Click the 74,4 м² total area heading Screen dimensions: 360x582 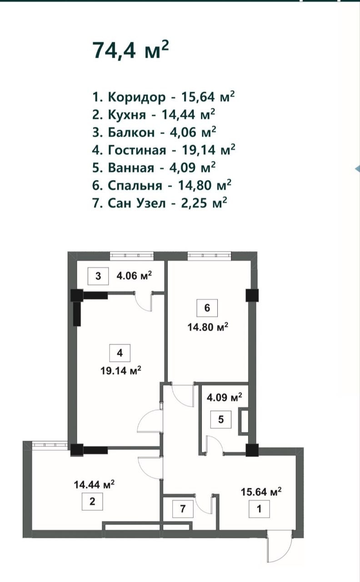tap(130, 50)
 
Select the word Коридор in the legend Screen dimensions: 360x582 tap(136, 97)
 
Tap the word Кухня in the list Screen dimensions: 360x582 tap(127, 115)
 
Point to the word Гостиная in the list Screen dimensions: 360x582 tap(137, 150)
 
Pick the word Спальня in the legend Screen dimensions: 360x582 tap(135, 185)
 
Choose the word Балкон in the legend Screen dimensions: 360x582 tap(131, 132)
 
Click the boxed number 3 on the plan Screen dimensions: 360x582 tap(98, 276)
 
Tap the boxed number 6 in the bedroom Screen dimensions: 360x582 tap(207, 308)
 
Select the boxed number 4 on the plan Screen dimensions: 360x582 tap(120, 352)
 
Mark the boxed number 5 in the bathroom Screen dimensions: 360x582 tap(221, 419)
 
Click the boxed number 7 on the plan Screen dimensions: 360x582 tap(183, 508)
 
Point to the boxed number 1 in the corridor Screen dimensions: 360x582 tap(259, 509)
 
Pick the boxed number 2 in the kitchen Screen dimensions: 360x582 tap(92, 501)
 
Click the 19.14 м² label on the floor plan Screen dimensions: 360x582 tap(121, 370)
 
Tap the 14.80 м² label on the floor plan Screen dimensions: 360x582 tap(208, 326)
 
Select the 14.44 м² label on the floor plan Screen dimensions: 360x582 tap(94, 484)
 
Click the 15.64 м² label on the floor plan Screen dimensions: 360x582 tap(261, 492)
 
